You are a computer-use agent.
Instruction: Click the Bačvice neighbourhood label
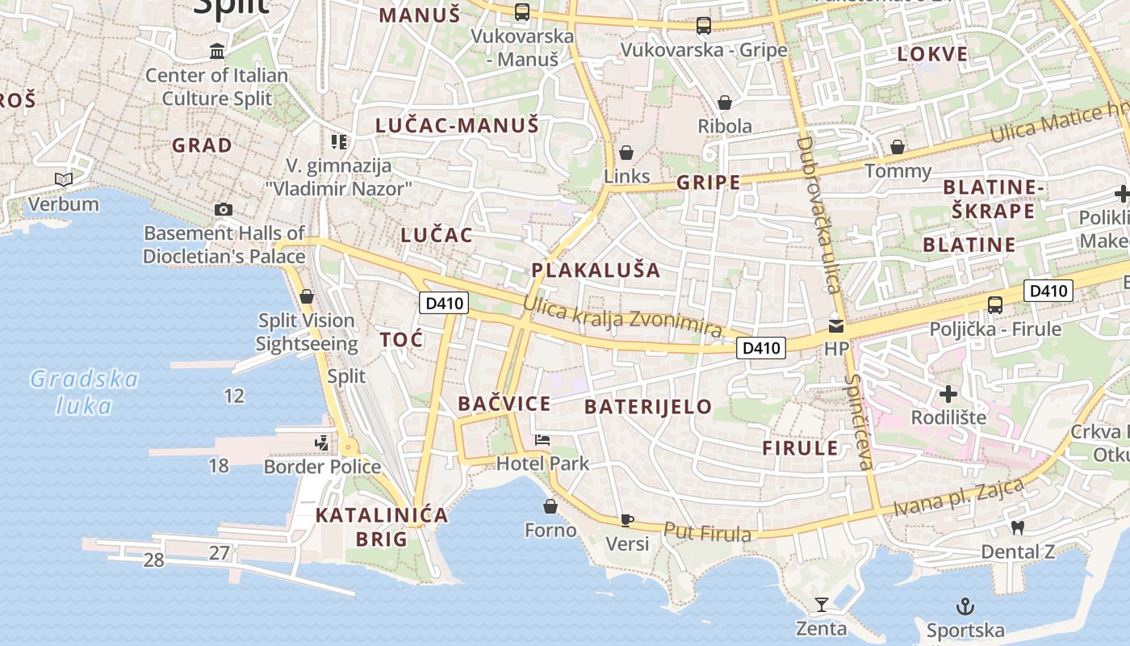(x=504, y=404)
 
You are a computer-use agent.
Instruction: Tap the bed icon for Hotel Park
(x=542, y=440)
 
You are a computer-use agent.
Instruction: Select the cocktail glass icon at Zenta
(x=822, y=605)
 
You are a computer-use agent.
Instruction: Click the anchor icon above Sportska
(x=965, y=606)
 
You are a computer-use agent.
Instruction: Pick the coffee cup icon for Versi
(x=627, y=520)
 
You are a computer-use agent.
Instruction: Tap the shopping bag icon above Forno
(x=550, y=506)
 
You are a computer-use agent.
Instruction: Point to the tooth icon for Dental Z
(x=1017, y=527)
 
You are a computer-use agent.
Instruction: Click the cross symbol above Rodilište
(x=948, y=394)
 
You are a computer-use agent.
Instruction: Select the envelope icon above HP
(x=836, y=326)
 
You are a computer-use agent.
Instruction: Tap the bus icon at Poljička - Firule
(x=995, y=305)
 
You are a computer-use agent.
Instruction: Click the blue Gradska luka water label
(x=84, y=392)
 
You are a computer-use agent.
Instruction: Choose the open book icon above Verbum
(x=63, y=179)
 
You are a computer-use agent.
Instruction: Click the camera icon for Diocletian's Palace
(x=224, y=210)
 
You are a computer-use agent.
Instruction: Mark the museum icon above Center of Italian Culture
(x=217, y=52)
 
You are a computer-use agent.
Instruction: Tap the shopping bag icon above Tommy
(x=897, y=147)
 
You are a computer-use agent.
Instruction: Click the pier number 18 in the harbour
(x=218, y=465)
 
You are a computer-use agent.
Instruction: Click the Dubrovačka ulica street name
(x=818, y=215)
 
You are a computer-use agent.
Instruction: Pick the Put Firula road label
(x=707, y=532)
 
